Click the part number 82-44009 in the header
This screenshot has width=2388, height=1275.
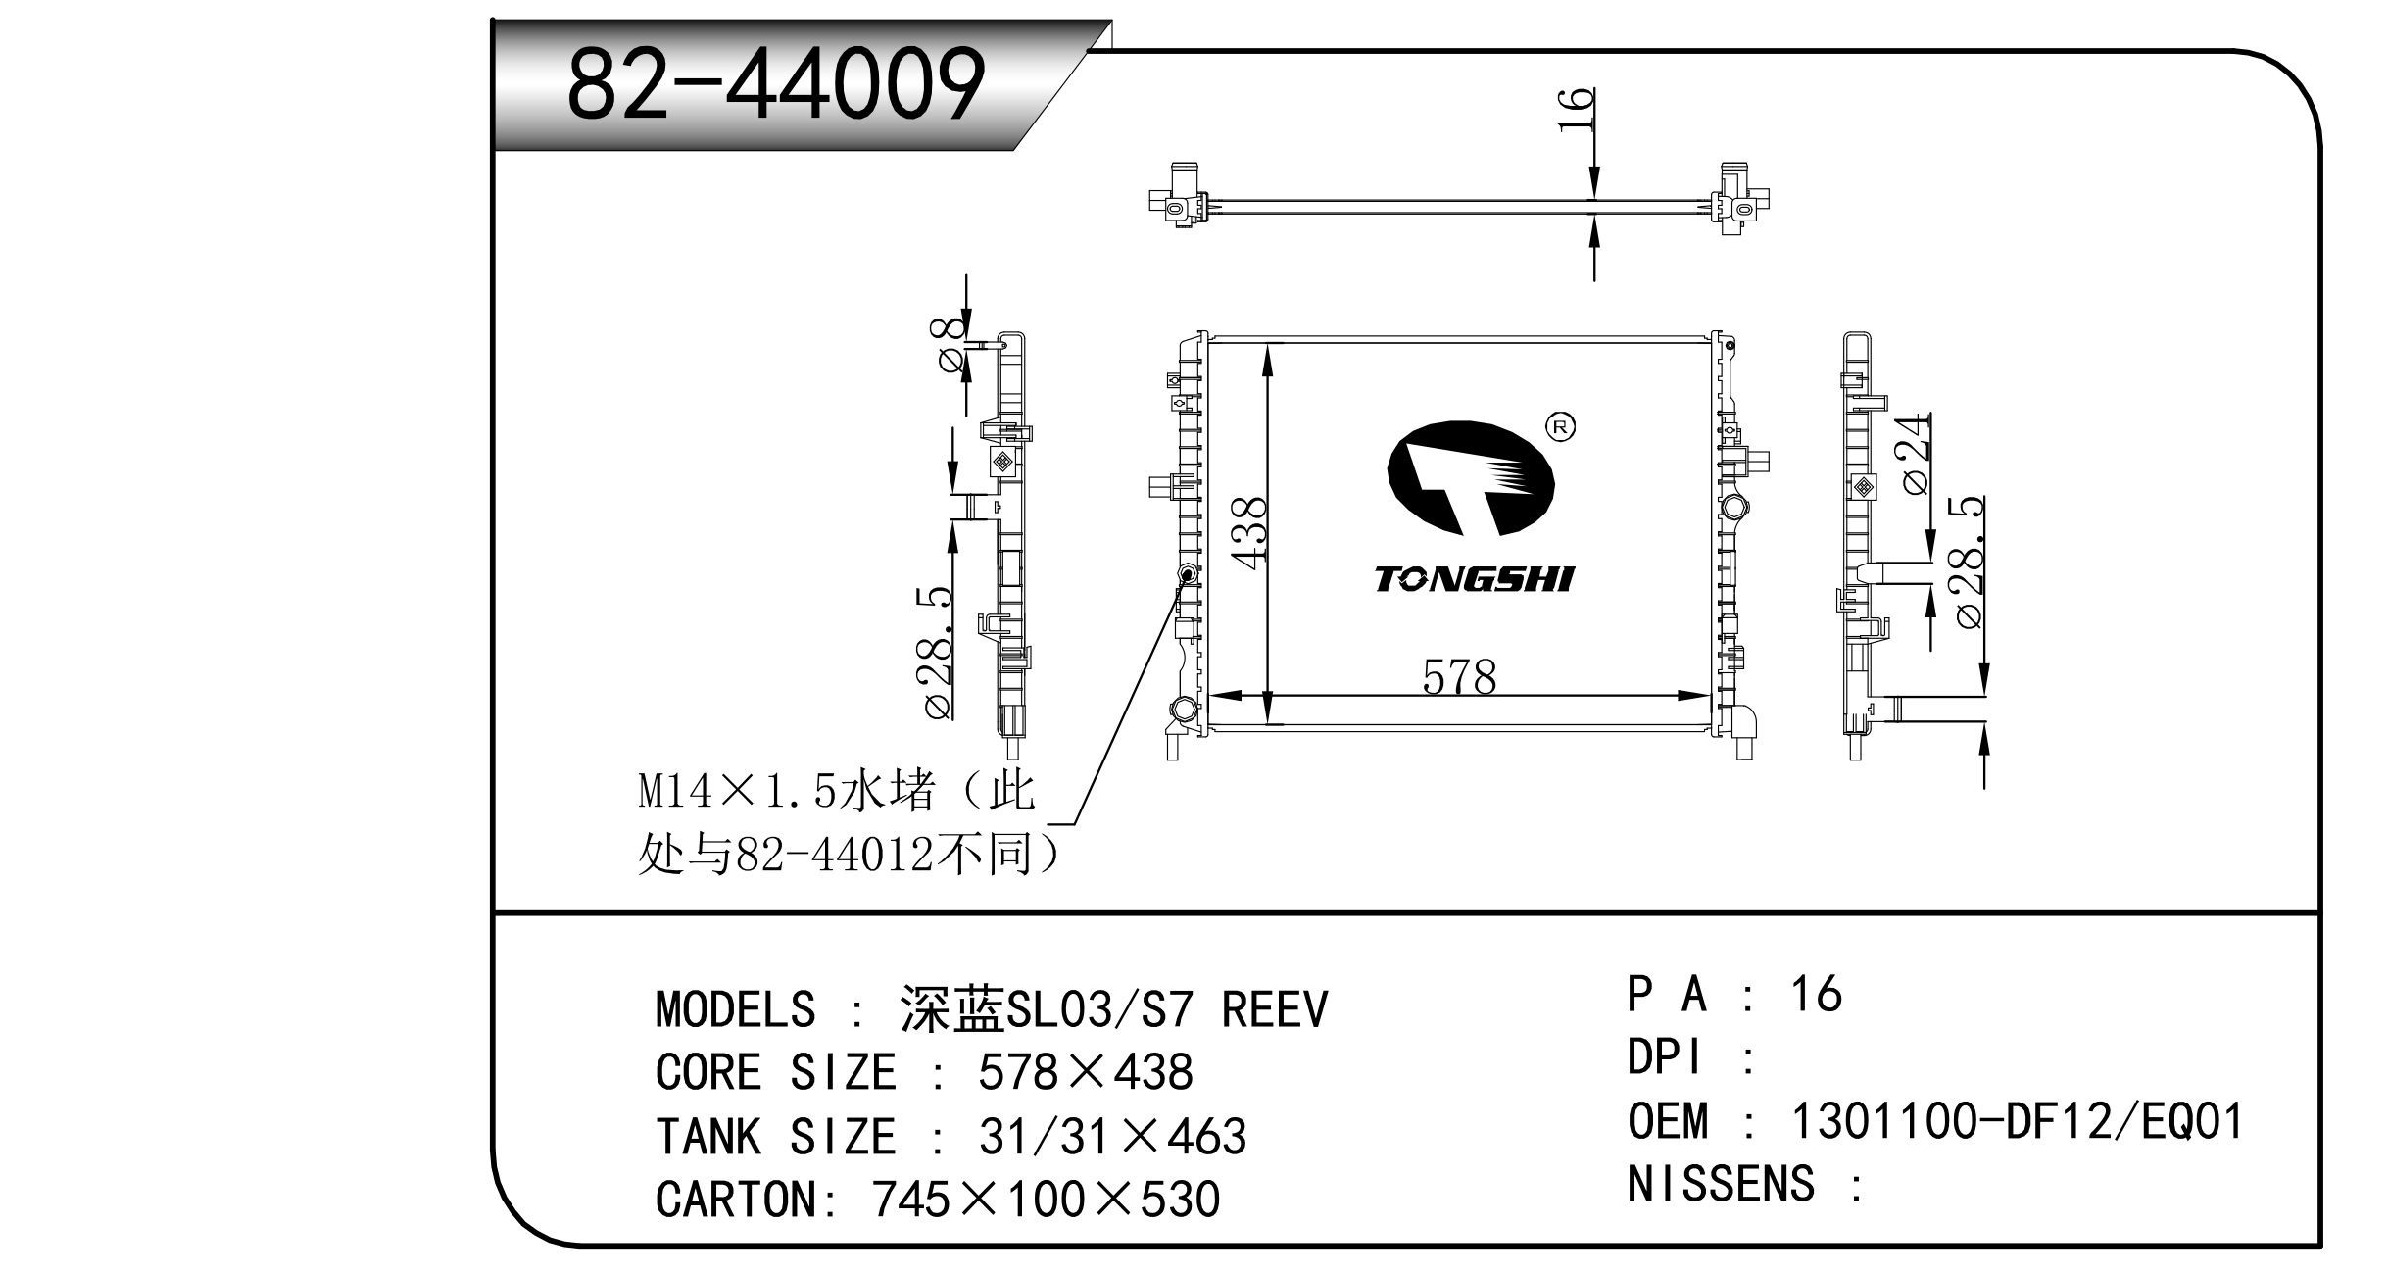pyautogui.click(x=776, y=84)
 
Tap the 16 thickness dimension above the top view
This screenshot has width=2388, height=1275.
pyautogui.click(x=1576, y=111)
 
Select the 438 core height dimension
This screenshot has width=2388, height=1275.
pyautogui.click(x=1249, y=531)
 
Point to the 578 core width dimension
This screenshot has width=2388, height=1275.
pyautogui.click(x=1459, y=677)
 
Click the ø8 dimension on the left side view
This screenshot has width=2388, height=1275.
pyautogui.click(x=950, y=345)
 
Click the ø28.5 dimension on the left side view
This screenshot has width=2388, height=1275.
pyautogui.click(x=935, y=654)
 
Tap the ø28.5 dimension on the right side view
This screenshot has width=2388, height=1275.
pyautogui.click(x=1968, y=562)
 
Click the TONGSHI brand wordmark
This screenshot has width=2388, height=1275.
pyautogui.click(x=1474, y=579)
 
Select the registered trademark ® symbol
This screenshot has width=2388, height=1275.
pyautogui.click(x=1560, y=426)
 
